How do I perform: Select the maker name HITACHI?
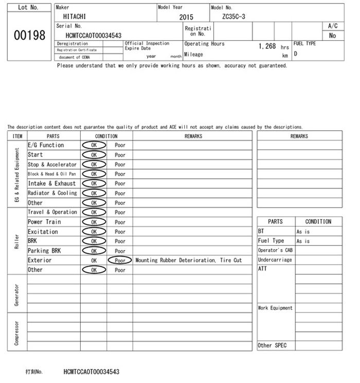click(x=75, y=16)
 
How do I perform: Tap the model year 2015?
click(x=186, y=17)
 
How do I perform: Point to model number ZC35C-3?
click(x=233, y=16)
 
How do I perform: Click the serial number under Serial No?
click(x=94, y=36)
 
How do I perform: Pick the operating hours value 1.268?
click(x=267, y=46)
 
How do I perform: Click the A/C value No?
click(x=332, y=36)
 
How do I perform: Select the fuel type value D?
click(x=296, y=53)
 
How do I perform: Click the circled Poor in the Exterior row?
click(x=120, y=260)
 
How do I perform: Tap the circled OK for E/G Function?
click(x=94, y=145)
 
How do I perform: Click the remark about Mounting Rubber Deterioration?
click(x=188, y=260)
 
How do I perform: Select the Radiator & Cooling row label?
click(x=52, y=193)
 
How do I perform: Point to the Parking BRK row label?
click(x=44, y=251)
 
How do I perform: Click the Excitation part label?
click(x=43, y=232)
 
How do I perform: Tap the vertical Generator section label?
click(x=17, y=294)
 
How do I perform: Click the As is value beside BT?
click(x=303, y=232)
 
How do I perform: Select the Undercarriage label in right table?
click(x=275, y=260)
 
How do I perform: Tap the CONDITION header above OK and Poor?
click(x=106, y=136)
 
